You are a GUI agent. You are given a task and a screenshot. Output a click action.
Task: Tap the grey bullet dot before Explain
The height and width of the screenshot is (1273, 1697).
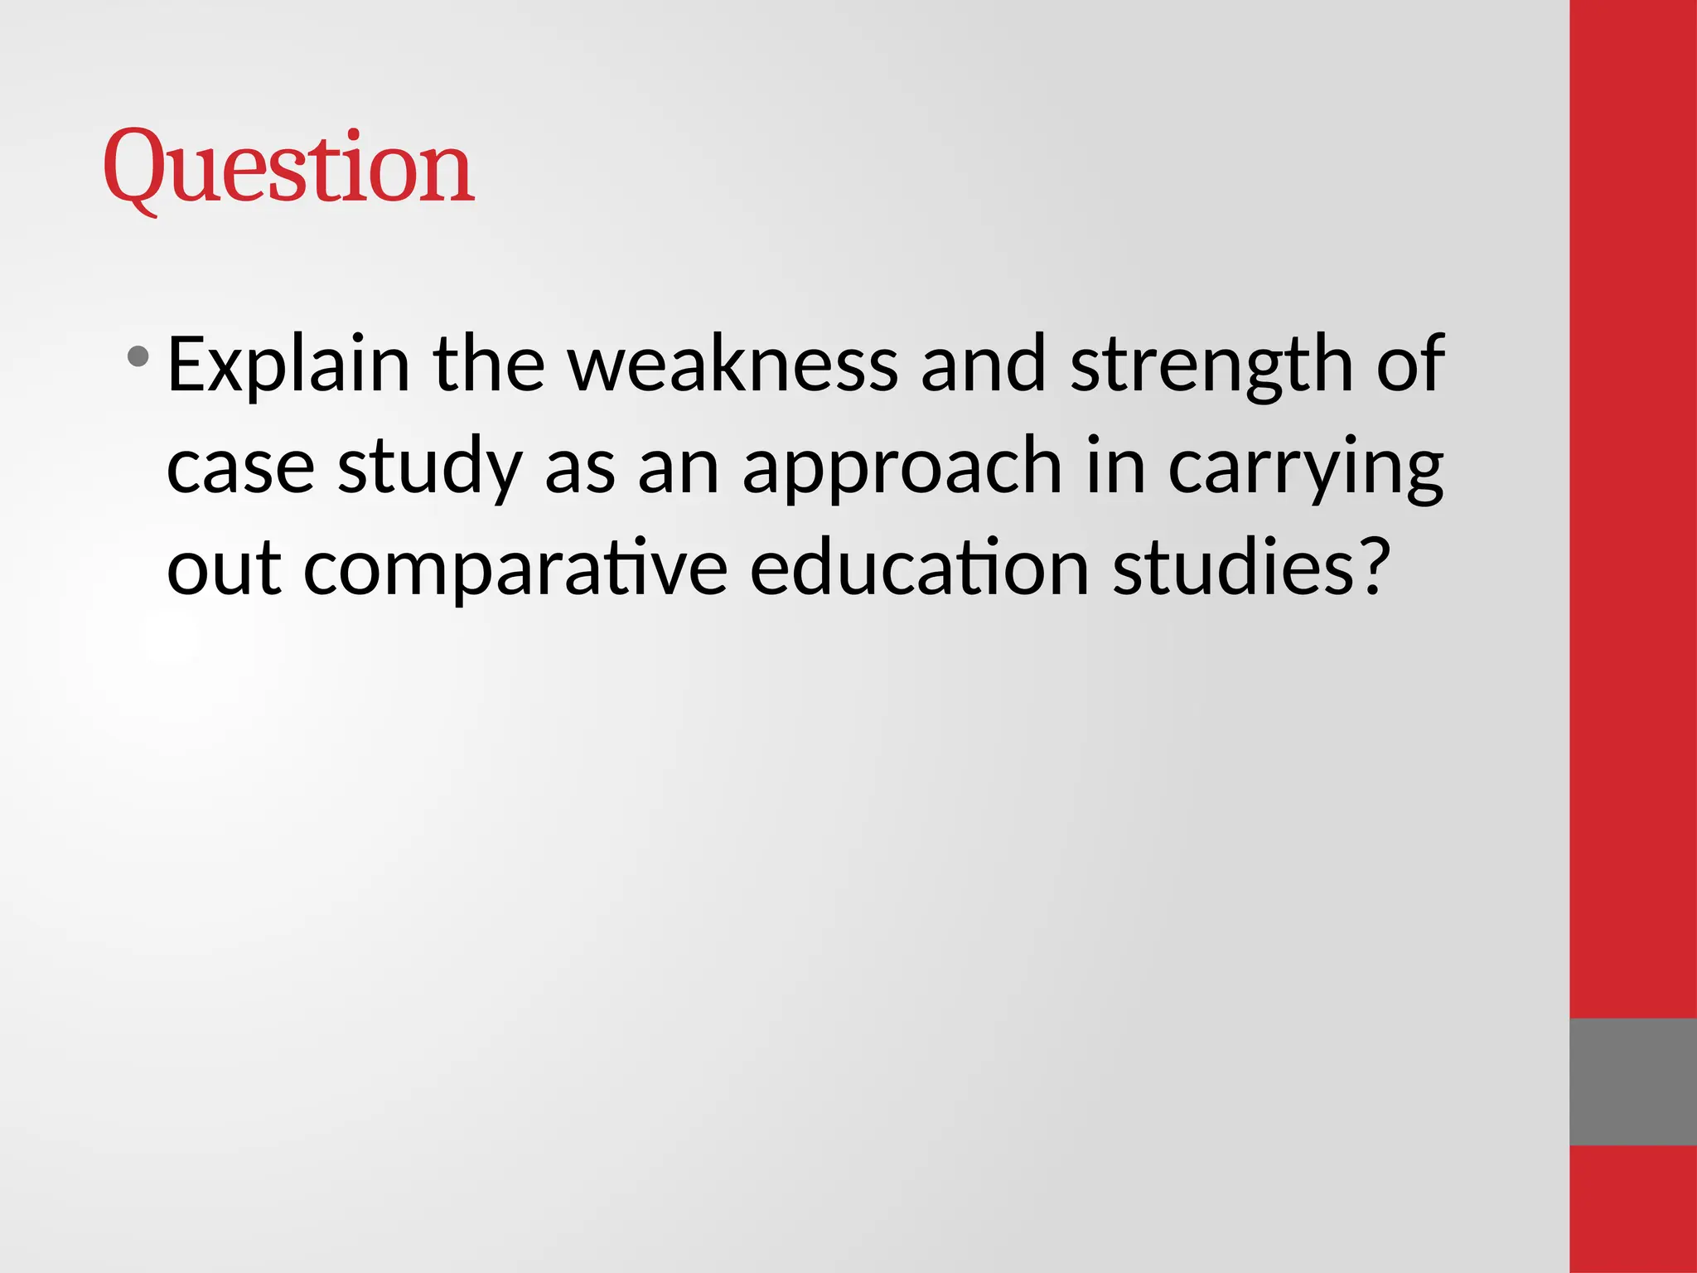pos(138,357)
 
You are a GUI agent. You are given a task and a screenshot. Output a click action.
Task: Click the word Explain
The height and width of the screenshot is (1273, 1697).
pos(288,365)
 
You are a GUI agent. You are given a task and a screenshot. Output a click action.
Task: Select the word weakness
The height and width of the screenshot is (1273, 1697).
pos(733,365)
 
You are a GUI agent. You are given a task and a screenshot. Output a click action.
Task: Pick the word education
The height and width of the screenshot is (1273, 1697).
pos(919,569)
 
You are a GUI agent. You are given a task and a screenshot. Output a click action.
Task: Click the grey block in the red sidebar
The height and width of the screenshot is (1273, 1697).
pos(1632,1082)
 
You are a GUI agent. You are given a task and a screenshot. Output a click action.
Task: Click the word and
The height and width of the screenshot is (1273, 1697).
pos(983,365)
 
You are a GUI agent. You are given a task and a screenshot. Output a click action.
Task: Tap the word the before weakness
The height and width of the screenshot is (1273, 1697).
pos(488,365)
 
